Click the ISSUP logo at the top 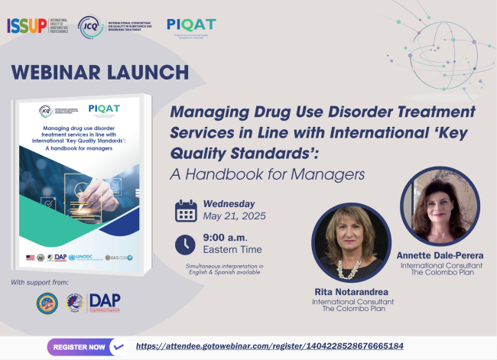pyautogui.click(x=38, y=26)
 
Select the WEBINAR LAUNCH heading pyautogui.click(x=100, y=73)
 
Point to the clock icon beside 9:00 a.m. pyautogui.click(x=186, y=244)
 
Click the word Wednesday pyautogui.click(x=229, y=204)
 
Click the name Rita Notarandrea pyautogui.click(x=352, y=291)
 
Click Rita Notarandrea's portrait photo pyautogui.click(x=352, y=242)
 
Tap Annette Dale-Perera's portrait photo pyautogui.click(x=439, y=206)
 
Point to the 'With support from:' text pyautogui.click(x=40, y=284)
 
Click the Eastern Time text pyautogui.click(x=232, y=249)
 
